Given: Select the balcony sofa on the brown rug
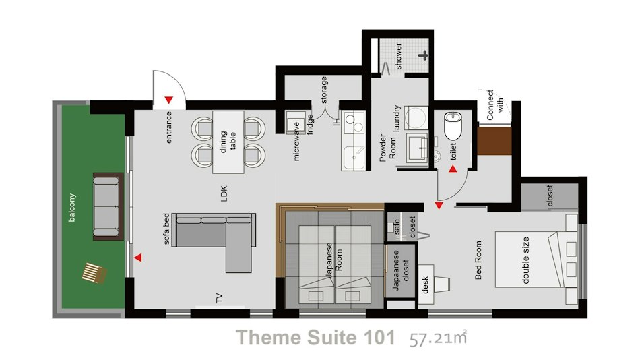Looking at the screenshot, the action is click(x=107, y=206).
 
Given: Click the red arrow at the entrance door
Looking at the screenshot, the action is click(x=169, y=100).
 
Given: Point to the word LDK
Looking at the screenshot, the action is click(x=224, y=193).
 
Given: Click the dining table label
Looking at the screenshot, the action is click(x=228, y=142).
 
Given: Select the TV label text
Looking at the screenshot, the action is click(x=219, y=298).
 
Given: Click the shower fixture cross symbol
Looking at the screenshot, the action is click(x=424, y=55).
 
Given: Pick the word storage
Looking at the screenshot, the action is click(x=323, y=90).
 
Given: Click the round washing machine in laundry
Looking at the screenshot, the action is click(x=416, y=118).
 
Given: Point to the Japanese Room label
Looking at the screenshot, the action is click(x=334, y=261).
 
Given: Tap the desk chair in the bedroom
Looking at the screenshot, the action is click(x=442, y=284).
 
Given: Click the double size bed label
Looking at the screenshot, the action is click(x=525, y=260).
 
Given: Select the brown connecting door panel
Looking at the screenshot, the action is click(x=494, y=141).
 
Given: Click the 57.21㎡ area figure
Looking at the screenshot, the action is click(x=438, y=338).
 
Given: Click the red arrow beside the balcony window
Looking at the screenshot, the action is click(x=138, y=258).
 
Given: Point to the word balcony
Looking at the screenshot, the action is click(x=72, y=208).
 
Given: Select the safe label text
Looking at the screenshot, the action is click(x=397, y=227).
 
